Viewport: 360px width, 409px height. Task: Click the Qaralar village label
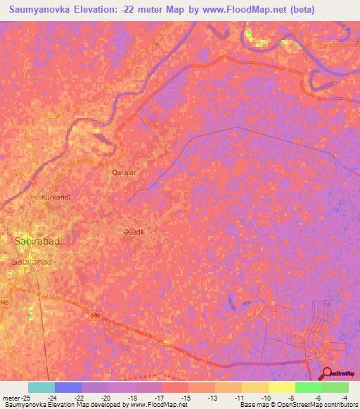coord(124,171)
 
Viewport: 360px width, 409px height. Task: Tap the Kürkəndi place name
coord(56,197)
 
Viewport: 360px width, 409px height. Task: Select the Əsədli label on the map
coord(134,231)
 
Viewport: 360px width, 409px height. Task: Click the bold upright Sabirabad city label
coord(37,241)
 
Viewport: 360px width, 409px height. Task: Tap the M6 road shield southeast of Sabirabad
coord(96,316)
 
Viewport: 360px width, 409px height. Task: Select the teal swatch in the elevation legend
coord(41,387)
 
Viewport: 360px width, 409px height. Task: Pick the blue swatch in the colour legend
coord(68,387)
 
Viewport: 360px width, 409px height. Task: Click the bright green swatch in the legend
coord(308,387)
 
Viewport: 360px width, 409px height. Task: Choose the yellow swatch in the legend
coord(281,387)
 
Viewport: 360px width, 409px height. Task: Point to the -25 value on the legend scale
coord(26,396)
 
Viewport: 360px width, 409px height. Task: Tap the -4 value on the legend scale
coord(343,396)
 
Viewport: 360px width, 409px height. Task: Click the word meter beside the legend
coord(11,396)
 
